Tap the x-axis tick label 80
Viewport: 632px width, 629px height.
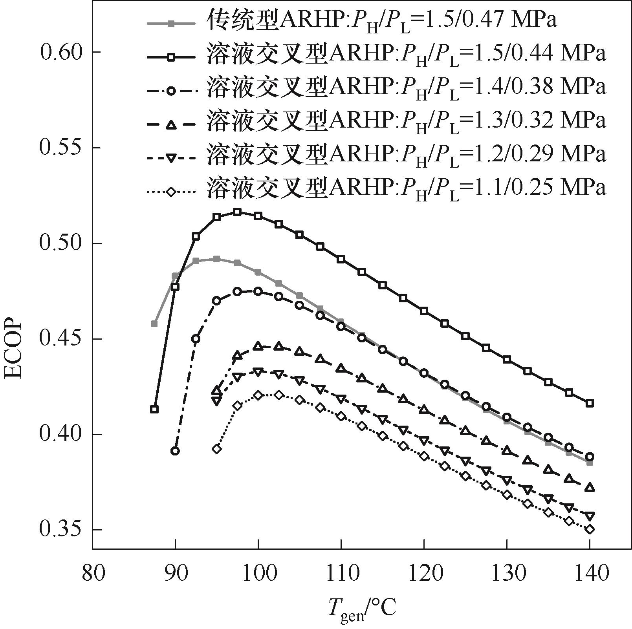tap(93, 574)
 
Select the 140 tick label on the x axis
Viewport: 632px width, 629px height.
tap(589, 574)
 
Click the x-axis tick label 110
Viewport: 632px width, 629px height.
tap(341, 574)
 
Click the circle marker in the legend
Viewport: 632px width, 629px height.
tap(171, 91)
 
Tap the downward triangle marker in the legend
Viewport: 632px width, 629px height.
tap(171, 158)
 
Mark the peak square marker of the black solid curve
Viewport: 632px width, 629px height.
tap(237, 212)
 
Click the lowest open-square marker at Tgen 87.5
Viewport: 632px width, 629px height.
tap(154, 409)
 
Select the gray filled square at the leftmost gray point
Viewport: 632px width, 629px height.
tap(154, 324)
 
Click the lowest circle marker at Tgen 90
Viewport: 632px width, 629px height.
tap(175, 451)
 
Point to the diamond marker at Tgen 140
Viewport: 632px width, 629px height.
tap(589, 529)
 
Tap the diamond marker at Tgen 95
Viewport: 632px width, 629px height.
tap(216, 449)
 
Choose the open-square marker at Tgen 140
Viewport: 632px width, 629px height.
tap(589, 403)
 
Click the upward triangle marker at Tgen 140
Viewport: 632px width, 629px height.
tap(589, 488)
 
